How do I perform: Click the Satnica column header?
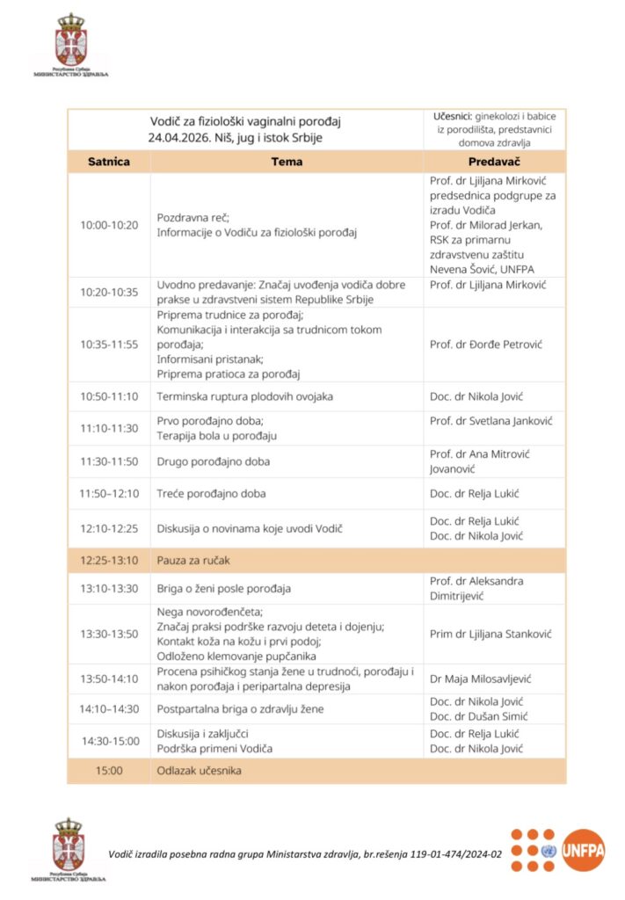[x=108, y=162]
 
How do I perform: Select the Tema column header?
[x=287, y=162]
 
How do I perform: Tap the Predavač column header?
[x=494, y=162]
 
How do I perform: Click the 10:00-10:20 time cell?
[x=108, y=225]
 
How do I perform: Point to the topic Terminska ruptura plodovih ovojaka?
[x=244, y=396]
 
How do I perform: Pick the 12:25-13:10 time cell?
[x=108, y=560]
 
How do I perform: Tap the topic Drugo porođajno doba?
[x=213, y=461]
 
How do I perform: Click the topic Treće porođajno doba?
[x=211, y=494]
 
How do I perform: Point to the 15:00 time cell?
[x=108, y=771]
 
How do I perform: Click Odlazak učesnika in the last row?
[x=199, y=771]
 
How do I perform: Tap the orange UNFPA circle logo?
[x=584, y=850]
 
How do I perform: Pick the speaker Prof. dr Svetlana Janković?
[x=491, y=421]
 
